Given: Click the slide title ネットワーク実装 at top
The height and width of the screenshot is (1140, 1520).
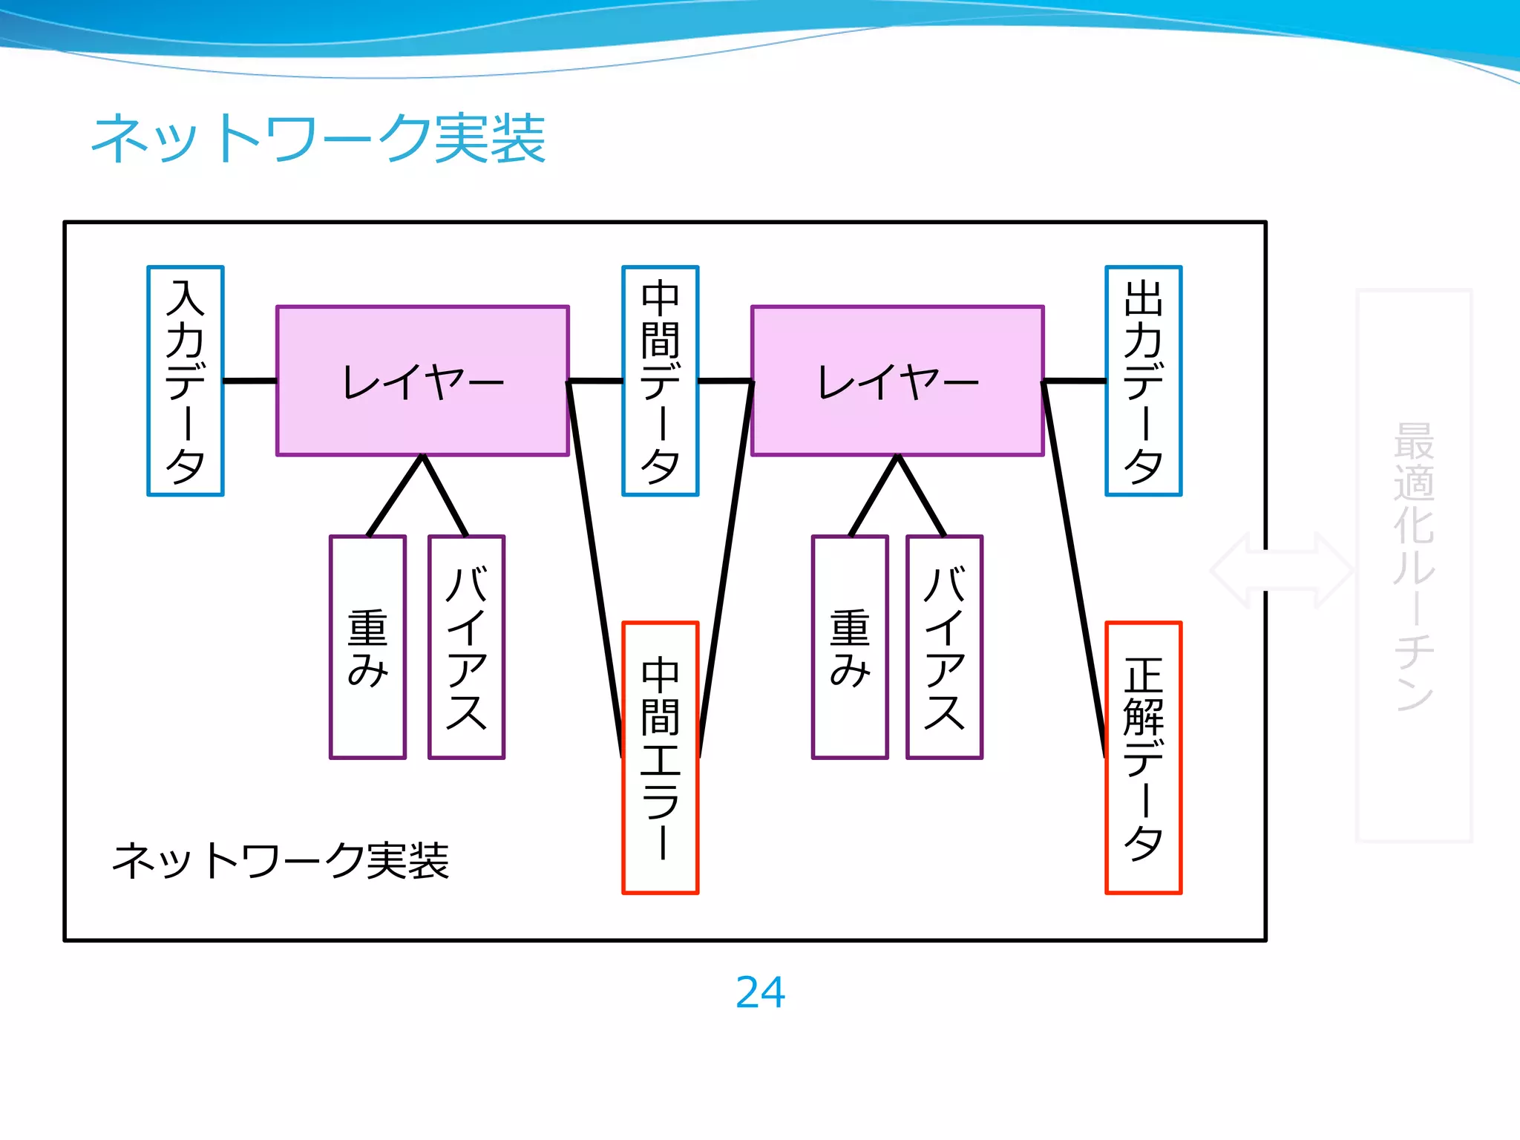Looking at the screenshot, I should (x=318, y=138).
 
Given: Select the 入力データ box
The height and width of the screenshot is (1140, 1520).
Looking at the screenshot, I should (x=186, y=381).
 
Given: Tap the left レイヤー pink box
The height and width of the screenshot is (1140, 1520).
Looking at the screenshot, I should (x=422, y=381).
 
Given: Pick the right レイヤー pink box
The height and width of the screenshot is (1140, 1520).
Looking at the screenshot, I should (x=897, y=381).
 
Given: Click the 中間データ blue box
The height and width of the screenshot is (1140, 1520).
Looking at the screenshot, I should (x=660, y=381).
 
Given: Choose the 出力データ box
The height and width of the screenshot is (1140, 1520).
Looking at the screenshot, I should (x=1143, y=381).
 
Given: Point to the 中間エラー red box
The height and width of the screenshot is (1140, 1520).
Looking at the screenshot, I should (x=660, y=758).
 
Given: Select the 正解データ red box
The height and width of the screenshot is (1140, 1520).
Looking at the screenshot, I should (x=1143, y=758).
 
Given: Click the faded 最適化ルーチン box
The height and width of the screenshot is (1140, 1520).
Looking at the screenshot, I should (x=1414, y=566).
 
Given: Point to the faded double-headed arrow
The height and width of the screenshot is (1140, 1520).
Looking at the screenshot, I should (x=1282, y=570).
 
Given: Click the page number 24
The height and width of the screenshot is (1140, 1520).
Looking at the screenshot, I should (x=760, y=992).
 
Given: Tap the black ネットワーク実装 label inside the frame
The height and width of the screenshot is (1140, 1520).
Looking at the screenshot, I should (x=281, y=861).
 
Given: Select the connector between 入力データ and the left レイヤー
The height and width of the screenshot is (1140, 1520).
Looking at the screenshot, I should (x=249, y=381).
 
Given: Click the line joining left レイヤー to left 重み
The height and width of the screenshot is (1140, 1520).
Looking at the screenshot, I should (x=395, y=496).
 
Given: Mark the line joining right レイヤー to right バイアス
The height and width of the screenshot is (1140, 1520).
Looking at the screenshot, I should (x=921, y=496).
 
